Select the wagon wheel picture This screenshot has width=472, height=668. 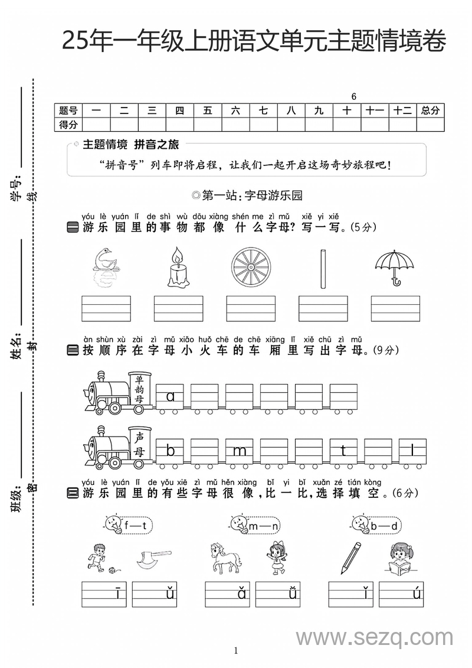[251, 267]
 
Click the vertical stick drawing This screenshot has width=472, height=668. [323, 269]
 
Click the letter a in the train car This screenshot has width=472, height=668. [171, 397]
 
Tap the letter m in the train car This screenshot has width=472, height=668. [239, 452]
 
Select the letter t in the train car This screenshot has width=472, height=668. [343, 452]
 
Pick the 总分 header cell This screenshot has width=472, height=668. [430, 110]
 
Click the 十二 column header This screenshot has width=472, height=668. [402, 110]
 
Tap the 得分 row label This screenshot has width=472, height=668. [68, 124]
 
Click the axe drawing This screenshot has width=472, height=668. [150, 558]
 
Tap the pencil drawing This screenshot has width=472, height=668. [350, 557]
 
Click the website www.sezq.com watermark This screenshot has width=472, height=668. [374, 638]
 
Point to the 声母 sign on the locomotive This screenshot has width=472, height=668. [140, 444]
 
